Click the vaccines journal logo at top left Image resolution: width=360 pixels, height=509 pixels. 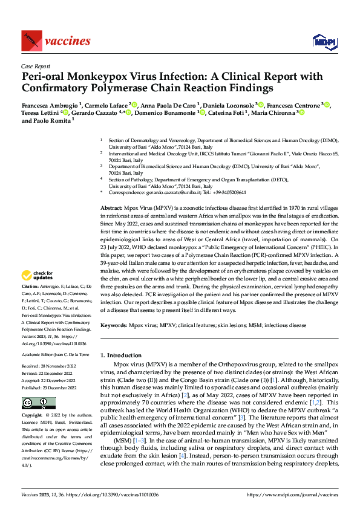(55, 41)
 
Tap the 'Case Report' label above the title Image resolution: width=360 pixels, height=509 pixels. (35, 66)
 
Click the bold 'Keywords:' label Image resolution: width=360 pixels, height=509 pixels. (114, 325)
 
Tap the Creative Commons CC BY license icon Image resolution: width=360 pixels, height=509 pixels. (38, 403)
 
